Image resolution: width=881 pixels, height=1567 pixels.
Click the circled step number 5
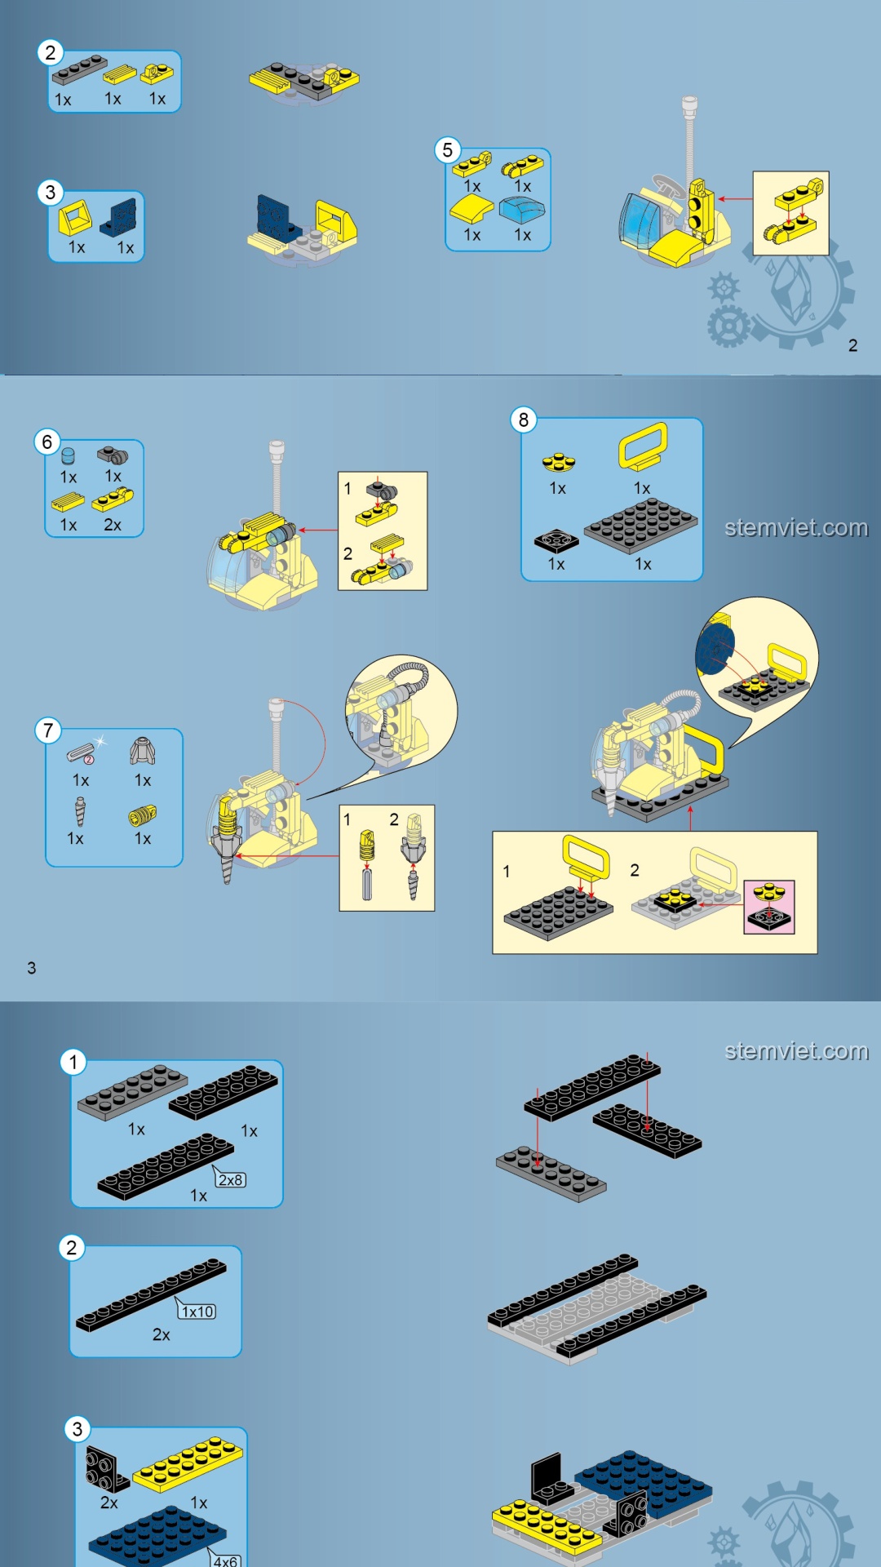447,150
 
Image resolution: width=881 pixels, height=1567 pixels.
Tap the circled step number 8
523,420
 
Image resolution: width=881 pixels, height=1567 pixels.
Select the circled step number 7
48,730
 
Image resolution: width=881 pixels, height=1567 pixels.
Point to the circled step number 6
46,442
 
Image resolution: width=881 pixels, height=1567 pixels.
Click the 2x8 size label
230,1179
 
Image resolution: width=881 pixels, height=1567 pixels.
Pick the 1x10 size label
197,1312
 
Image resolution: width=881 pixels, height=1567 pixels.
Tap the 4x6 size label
225,1560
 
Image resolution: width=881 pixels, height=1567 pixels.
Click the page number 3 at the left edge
32,968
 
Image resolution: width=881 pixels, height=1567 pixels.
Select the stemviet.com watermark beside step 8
796,528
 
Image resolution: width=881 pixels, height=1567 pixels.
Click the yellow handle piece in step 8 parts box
643,446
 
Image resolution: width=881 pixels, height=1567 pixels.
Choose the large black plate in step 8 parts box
640,526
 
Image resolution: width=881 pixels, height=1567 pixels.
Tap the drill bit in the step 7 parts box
79,813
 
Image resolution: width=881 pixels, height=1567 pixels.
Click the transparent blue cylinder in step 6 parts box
68,455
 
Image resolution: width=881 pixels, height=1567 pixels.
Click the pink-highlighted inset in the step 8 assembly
769,907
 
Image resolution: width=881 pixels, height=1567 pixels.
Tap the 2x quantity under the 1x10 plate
161,1335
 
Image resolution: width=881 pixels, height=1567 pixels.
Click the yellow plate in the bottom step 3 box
188,1464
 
